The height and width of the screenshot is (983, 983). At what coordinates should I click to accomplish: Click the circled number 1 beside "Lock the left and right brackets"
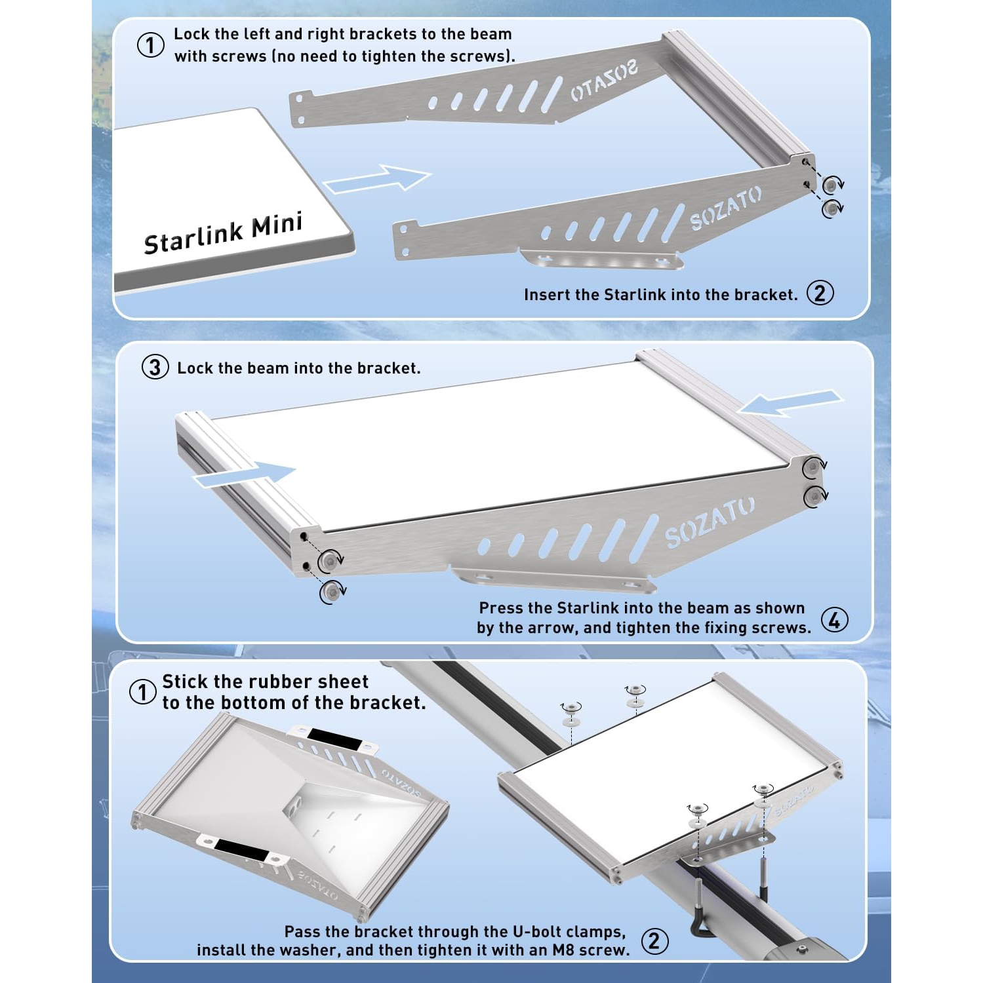150,45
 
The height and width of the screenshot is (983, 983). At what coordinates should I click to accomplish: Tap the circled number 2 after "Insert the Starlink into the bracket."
820,293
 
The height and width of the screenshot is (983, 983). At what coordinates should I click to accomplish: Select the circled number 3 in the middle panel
155,367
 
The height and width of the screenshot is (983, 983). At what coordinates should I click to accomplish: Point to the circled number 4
834,619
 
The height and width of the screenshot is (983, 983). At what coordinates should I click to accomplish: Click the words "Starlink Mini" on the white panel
223,233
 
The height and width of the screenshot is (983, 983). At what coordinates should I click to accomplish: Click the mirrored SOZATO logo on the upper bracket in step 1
604,81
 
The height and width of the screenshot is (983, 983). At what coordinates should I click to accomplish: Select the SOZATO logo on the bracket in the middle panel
710,522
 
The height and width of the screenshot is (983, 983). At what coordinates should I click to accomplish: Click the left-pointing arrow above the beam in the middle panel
790,402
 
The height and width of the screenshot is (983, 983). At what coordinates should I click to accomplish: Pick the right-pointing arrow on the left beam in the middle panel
244,474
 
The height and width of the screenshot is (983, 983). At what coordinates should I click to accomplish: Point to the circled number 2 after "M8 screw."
654,941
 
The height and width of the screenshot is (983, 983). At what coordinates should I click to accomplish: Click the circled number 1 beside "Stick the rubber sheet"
142,692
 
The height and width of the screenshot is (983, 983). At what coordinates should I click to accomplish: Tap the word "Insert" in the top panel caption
547,295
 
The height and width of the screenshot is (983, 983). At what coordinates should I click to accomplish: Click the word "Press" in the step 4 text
500,608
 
